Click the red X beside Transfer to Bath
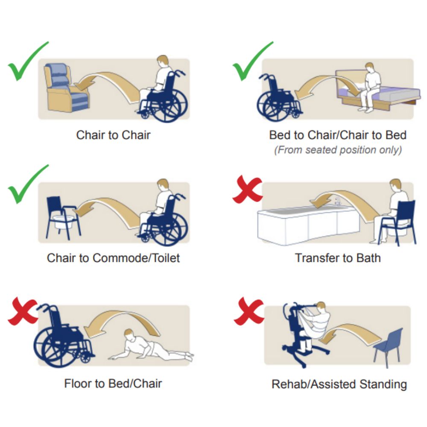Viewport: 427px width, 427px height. coord(248,189)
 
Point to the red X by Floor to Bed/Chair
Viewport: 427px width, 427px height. coord(23,311)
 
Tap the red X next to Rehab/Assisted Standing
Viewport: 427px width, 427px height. coord(249,311)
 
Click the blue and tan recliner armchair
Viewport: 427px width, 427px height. coord(67,88)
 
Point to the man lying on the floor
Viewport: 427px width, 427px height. coord(151,345)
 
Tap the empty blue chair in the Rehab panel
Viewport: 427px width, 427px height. coord(388,347)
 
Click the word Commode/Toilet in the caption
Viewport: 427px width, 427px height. coord(136,258)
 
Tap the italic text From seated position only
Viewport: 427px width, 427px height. coord(338,150)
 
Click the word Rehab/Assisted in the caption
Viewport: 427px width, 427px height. coord(314,384)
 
